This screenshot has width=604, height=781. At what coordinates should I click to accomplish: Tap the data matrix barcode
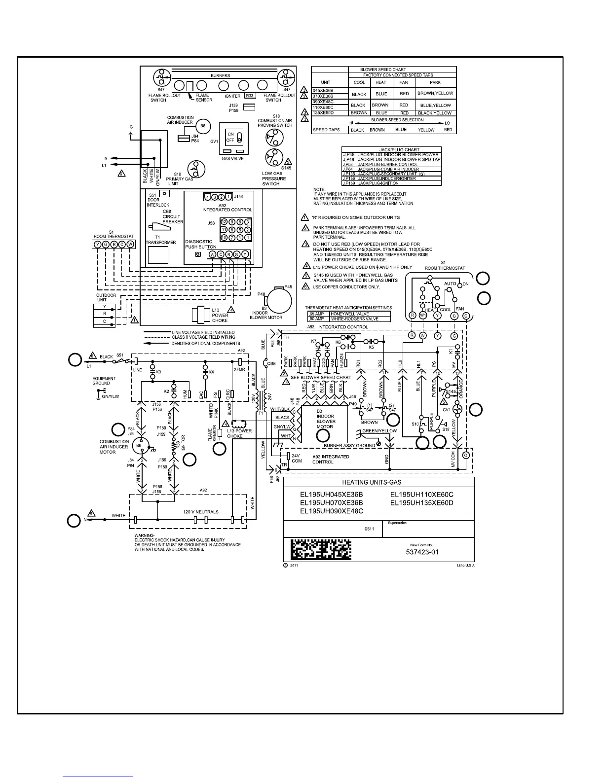coord(321,549)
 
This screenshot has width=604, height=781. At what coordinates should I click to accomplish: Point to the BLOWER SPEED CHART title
coord(383,70)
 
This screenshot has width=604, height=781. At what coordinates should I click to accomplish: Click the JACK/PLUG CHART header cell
coord(399,149)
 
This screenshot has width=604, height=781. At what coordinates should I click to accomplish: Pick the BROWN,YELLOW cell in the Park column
coord(435,93)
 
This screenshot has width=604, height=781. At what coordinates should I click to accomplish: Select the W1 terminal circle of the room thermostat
coord(423,316)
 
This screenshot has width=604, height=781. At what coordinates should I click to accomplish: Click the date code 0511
coord(369,529)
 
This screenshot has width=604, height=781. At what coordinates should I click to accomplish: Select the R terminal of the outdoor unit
coord(104,314)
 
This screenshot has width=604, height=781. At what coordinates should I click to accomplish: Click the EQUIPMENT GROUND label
coord(104,381)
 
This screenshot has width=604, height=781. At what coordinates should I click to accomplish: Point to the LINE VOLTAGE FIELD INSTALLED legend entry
coord(203,332)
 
